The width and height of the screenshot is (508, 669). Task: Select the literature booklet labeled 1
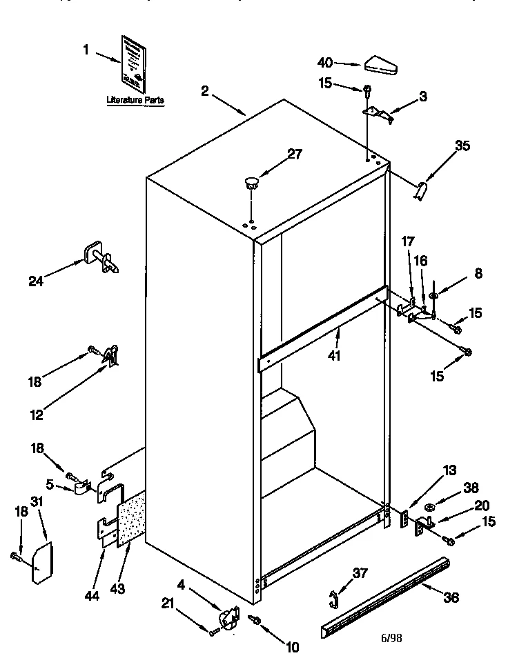[x=134, y=63]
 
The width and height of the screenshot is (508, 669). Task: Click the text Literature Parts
[x=135, y=101]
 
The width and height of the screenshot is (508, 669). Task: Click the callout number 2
[x=205, y=90]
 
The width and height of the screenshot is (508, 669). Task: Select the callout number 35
[x=462, y=146]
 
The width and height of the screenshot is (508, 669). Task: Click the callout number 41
[x=335, y=355]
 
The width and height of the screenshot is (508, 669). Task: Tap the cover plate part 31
[x=41, y=561]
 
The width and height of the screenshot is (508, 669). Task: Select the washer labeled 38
[x=429, y=509]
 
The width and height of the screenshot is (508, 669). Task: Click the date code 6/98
[x=391, y=637]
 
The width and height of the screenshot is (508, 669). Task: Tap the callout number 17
[x=408, y=242]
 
